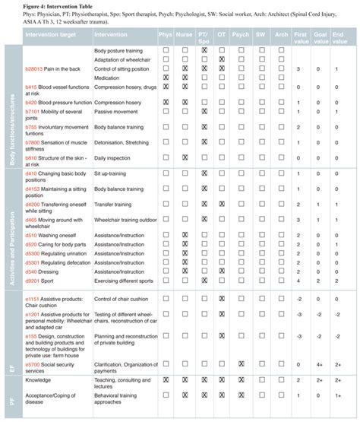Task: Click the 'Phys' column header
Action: tap(166, 34)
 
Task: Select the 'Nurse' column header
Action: tap(185, 34)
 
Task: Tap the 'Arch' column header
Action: tap(280, 34)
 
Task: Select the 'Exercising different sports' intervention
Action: tap(128, 280)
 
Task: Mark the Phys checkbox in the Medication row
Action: tap(166, 78)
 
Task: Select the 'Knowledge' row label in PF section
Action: tap(37, 379)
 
